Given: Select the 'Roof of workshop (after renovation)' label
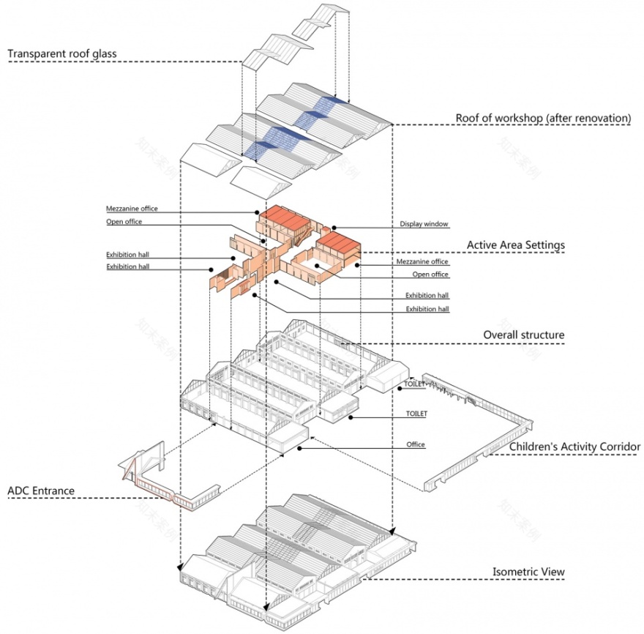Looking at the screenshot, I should click(x=543, y=117).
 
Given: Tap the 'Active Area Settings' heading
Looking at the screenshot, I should click(x=516, y=245).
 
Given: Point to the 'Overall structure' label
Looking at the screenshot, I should click(x=523, y=335).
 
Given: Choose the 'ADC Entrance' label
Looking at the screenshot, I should click(x=41, y=490).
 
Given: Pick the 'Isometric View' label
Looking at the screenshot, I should click(x=528, y=572).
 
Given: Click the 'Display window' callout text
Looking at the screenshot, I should click(x=424, y=224).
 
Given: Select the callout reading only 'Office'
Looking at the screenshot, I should click(x=416, y=444).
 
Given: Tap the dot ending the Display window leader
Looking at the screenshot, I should click(x=333, y=228).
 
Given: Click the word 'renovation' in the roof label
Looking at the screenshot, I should click(x=600, y=117).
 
